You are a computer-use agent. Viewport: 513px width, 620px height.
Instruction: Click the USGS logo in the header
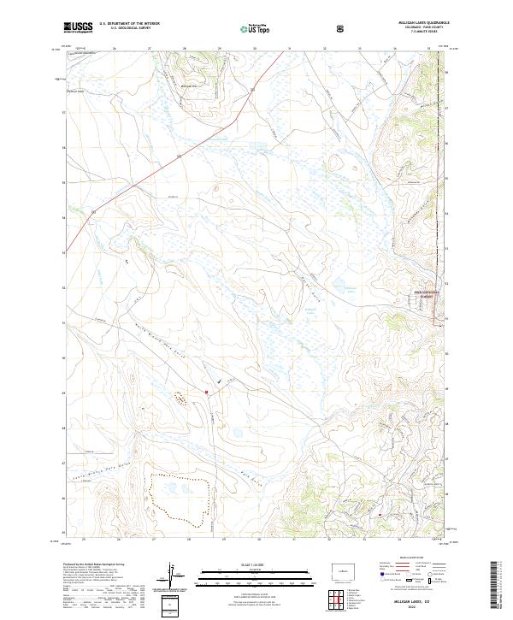[x=78, y=27]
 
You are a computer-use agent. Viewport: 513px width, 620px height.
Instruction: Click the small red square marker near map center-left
[x=206, y=393]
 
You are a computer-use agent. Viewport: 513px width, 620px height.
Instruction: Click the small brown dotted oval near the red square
[x=181, y=398]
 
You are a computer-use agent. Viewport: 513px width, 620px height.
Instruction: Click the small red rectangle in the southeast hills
[x=379, y=515]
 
